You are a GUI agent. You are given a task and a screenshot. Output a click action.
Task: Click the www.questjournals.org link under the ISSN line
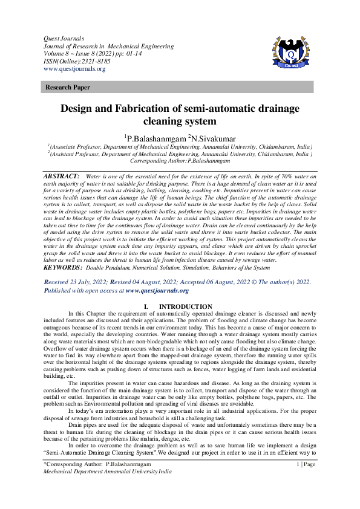71,69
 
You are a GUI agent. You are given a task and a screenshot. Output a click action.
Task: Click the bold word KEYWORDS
63,267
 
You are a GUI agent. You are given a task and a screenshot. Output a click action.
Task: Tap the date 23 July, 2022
90,282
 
